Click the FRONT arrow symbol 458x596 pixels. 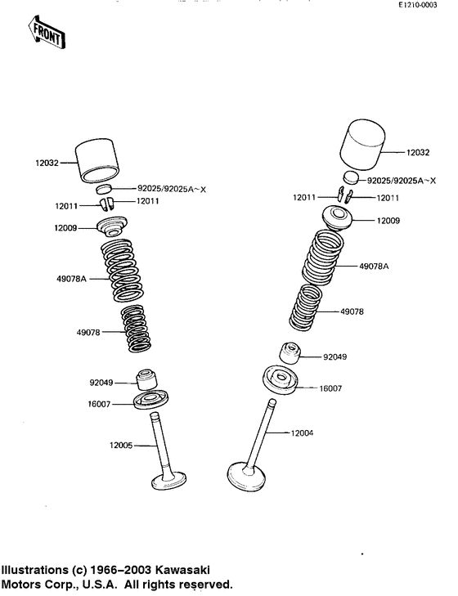47,32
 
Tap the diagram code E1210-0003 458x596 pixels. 418,5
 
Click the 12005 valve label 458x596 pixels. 121,445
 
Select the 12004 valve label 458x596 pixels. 302,433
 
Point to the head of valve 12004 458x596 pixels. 246,477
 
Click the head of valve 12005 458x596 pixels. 169,481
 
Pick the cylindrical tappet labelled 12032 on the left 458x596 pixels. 98,160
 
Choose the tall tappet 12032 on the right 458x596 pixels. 362,145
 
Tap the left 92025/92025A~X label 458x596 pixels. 172,189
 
